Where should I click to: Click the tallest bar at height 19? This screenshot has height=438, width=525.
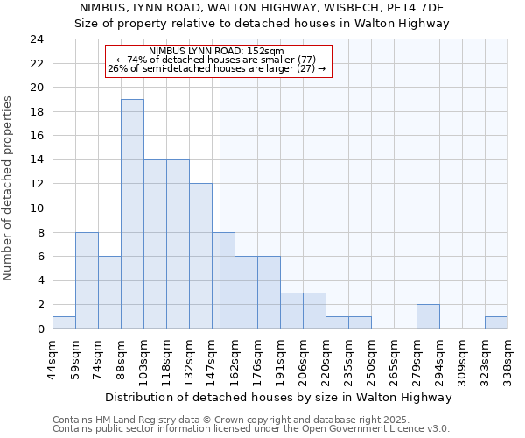pos(132,214)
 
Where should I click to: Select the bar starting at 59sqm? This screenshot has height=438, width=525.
pos(87,280)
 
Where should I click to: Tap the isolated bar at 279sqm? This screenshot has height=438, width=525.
pos(428,316)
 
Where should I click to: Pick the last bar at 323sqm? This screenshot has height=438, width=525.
pos(496,322)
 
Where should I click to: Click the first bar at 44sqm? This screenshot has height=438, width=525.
pos(64,322)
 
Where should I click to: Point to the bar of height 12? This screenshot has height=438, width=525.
pos(200,256)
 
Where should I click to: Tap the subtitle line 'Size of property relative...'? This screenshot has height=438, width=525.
pos(262,24)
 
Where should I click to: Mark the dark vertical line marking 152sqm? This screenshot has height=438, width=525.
pos(220,175)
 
